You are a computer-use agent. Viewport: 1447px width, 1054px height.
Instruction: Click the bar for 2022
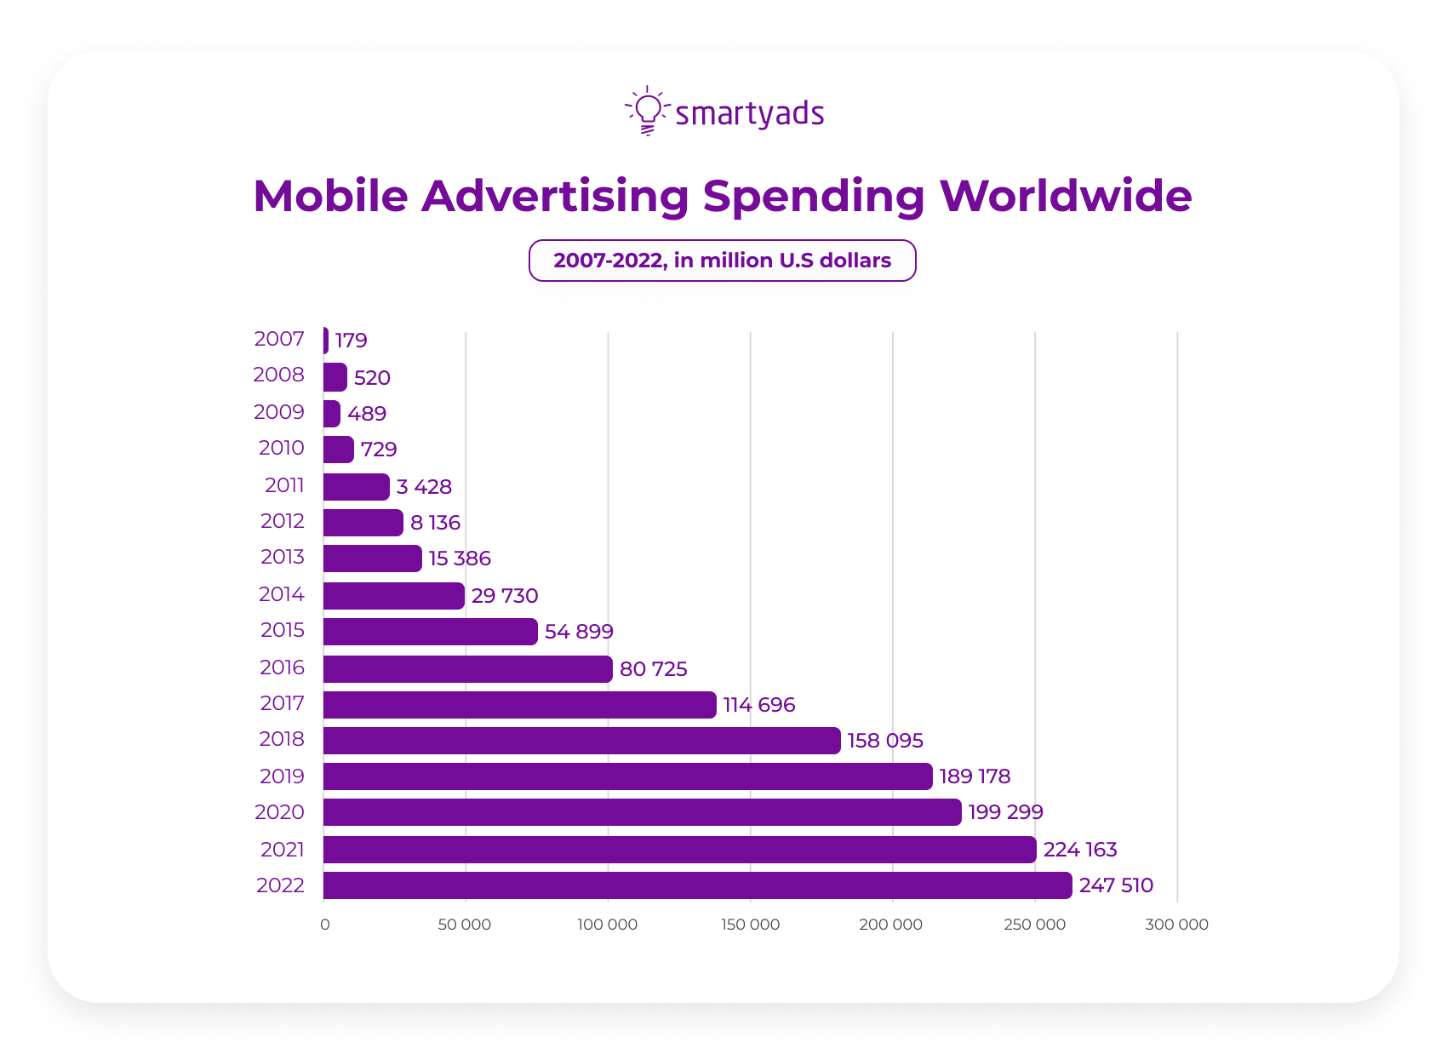pyautogui.click(x=697, y=885)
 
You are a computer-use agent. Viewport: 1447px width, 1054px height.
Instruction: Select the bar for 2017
pyautogui.click(x=519, y=705)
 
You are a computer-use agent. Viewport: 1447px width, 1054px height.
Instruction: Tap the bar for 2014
pyautogui.click(x=393, y=596)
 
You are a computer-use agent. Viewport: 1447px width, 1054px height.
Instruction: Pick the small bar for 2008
pyautogui.click(x=335, y=377)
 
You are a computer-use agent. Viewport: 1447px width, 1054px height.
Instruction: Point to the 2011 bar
pyautogui.click(x=356, y=487)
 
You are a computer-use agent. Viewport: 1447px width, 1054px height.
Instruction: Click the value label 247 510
pyautogui.click(x=1116, y=885)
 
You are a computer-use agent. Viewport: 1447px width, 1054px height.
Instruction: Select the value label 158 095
pyautogui.click(x=885, y=741)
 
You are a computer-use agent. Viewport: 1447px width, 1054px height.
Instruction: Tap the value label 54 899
pyautogui.click(x=579, y=632)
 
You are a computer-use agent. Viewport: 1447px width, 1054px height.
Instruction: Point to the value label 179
pyautogui.click(x=351, y=341)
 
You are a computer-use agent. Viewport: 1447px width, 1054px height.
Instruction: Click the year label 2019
pyautogui.click(x=282, y=776)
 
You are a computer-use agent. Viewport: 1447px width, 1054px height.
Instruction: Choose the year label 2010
pyautogui.click(x=281, y=448)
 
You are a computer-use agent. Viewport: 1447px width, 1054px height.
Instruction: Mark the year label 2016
pyautogui.click(x=282, y=667)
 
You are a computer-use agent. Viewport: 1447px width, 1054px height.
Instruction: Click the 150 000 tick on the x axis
pyautogui.click(x=750, y=925)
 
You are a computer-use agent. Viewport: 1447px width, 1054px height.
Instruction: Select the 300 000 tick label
pyautogui.click(x=1176, y=925)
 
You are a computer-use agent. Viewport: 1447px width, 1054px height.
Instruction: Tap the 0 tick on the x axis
pyautogui.click(x=324, y=925)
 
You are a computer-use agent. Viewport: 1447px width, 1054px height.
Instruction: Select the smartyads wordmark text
pyautogui.click(x=749, y=114)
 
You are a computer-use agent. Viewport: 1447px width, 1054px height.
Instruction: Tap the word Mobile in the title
pyautogui.click(x=331, y=196)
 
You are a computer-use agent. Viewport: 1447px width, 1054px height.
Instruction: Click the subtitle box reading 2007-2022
pyautogui.click(x=722, y=261)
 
